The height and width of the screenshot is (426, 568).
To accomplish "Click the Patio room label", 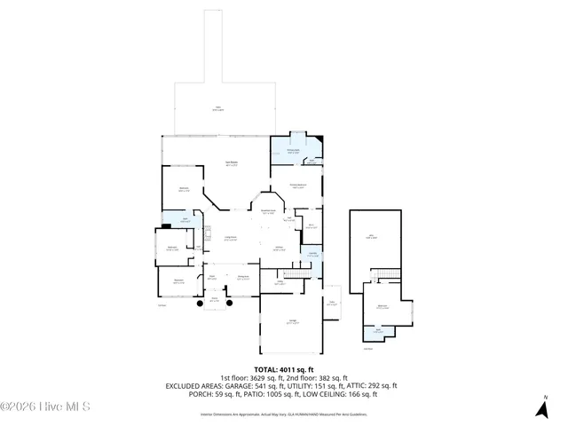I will click(217, 109).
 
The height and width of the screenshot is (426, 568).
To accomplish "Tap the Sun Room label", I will click(229, 163).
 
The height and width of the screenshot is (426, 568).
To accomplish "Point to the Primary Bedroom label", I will click(296, 185).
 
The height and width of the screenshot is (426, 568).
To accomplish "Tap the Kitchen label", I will click(278, 248).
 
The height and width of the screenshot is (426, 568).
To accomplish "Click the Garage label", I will click(291, 322).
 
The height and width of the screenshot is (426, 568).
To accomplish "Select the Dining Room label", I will click(242, 278).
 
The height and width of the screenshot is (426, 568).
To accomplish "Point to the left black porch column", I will click(201, 304).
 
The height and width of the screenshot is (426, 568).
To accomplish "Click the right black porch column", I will click(229, 304).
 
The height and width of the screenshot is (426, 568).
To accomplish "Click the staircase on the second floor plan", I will click(385, 272).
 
